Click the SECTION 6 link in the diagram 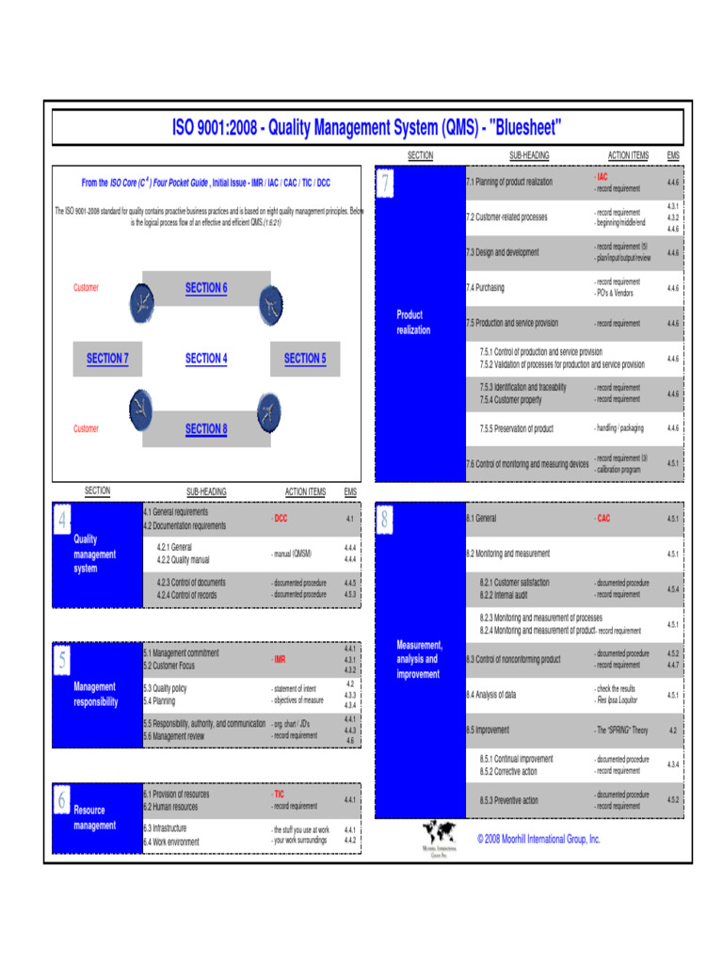click(205, 288)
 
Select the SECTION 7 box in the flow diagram click(107, 359)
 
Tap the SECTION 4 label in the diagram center click(205, 359)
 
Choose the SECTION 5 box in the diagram click(304, 359)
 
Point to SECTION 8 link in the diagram click(205, 429)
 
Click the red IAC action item click(602, 176)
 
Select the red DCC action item click(281, 519)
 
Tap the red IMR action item click(280, 660)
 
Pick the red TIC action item click(279, 795)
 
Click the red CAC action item click(602, 519)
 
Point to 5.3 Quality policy click(165, 688)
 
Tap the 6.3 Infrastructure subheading click(165, 828)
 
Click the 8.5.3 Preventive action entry click(508, 801)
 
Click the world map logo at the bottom click(439, 833)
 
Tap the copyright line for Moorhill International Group click(538, 839)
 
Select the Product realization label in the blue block click(413, 323)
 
